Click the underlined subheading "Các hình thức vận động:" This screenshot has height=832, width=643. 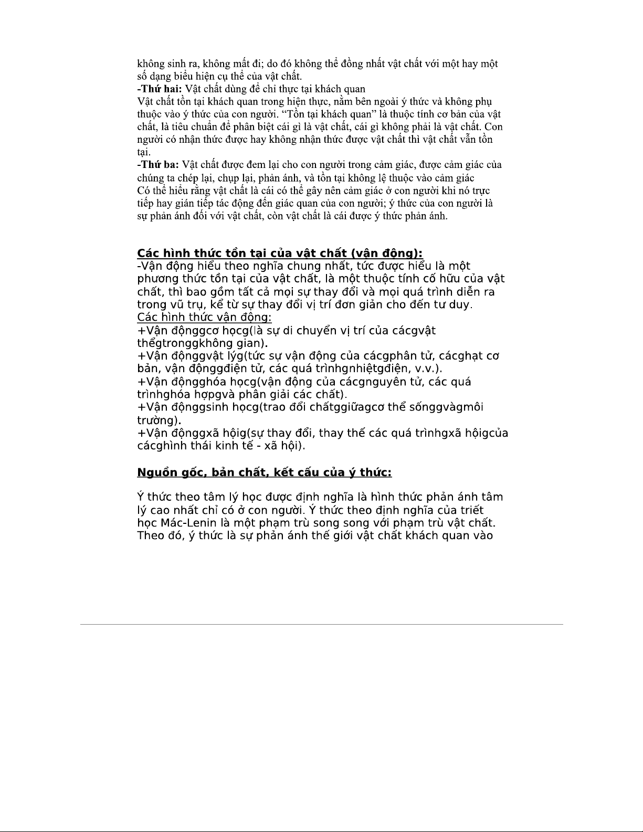coord(204,317)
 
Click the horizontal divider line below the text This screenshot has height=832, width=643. coord(321,624)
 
